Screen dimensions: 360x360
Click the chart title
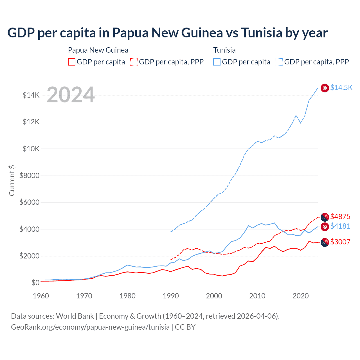[167, 33]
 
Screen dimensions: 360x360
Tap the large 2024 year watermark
[71, 95]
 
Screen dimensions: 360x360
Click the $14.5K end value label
[341, 87]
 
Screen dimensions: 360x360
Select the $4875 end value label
[340, 217]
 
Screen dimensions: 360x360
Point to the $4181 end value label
[340, 226]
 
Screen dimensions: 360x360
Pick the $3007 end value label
[340, 242]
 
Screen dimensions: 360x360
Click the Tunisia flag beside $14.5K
[325, 88]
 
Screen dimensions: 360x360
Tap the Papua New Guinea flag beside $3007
[325, 242]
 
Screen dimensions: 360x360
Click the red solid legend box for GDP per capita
[72, 62]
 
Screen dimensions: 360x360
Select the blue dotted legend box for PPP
[279, 62]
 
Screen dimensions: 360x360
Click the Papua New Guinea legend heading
[98, 50]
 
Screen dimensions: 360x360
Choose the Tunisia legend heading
[224, 50]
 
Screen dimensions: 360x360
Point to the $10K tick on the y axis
[31, 149]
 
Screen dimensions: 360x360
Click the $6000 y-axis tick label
[30, 202]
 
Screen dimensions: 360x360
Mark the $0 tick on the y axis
[35, 283]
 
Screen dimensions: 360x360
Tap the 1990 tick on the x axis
[171, 296]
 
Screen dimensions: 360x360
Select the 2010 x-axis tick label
[257, 296]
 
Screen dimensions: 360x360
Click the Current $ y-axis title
[12, 180]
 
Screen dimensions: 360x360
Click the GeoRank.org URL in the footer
[90, 327]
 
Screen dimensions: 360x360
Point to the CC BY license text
[185, 327]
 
